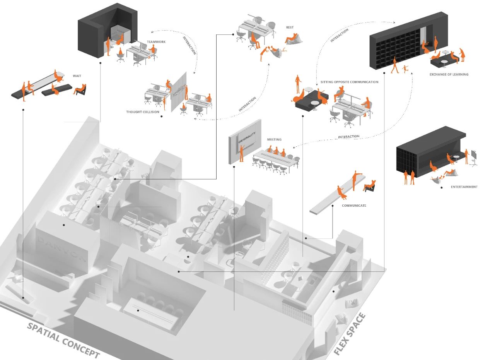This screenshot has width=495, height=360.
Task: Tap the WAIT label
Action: pos(77,76)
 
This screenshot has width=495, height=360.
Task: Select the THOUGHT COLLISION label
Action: pos(143,112)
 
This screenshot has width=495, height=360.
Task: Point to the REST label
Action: pos(290,27)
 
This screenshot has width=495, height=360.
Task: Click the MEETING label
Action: pos(274,140)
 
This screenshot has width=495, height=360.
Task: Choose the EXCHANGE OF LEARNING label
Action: pos(449,74)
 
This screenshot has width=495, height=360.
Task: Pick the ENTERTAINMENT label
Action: pos(464,187)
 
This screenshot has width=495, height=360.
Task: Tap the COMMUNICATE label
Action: pos(354,206)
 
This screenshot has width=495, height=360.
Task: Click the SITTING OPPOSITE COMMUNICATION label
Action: pos(349,82)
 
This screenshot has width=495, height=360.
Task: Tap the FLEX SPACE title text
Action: pos(349,335)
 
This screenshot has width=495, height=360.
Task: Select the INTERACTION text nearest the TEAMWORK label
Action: pos(189,45)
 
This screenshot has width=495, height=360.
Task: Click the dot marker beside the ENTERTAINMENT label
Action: pos(441,187)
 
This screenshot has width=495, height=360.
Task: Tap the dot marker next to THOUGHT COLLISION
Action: pos(162,116)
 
